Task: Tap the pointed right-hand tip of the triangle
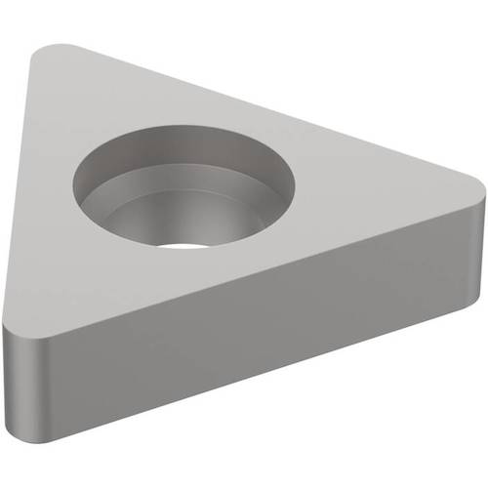477,187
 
